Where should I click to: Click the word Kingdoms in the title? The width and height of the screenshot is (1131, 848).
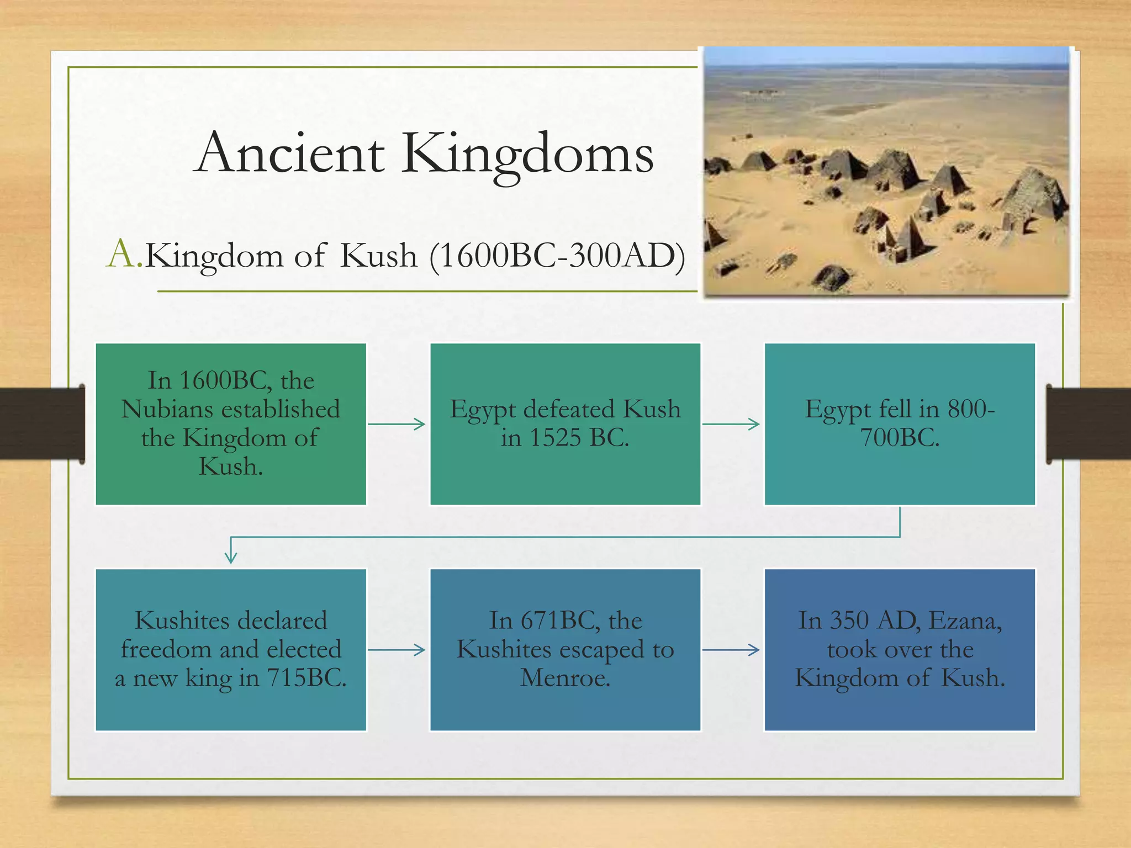527,155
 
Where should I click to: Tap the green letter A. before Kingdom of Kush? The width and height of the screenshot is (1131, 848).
124,255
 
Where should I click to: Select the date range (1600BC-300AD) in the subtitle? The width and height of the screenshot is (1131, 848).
557,256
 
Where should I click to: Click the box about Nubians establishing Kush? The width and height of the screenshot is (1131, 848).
231,424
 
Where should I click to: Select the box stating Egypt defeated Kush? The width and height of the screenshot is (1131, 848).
565,424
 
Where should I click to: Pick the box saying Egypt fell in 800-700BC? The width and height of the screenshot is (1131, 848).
900,424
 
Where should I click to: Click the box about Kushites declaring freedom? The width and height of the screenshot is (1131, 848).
231,650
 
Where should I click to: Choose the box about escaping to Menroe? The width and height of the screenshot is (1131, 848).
565,650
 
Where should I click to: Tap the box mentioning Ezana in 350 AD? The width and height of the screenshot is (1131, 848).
900,650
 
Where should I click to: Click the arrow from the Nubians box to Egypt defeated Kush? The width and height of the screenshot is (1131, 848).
397,424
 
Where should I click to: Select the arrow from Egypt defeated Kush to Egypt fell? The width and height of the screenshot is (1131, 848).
731,424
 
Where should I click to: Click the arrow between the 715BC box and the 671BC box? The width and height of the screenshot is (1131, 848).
397,650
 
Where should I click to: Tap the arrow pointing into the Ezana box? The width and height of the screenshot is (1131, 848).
731,650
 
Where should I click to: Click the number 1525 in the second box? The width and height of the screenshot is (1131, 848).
554,438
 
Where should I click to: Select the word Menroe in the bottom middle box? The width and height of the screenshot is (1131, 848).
565,678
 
